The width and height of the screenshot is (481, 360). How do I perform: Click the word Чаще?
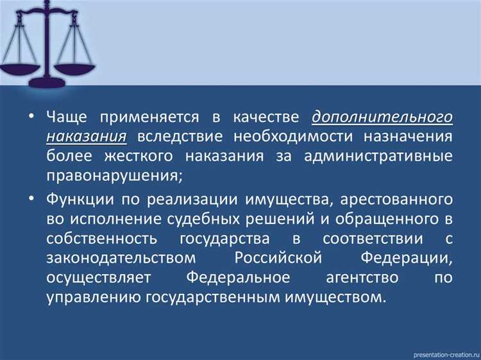tap(68, 118)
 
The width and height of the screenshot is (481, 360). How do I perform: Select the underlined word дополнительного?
tap(383, 118)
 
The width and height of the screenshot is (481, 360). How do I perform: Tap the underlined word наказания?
tap(86, 137)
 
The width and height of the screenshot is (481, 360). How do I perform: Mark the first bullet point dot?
tap(31, 119)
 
